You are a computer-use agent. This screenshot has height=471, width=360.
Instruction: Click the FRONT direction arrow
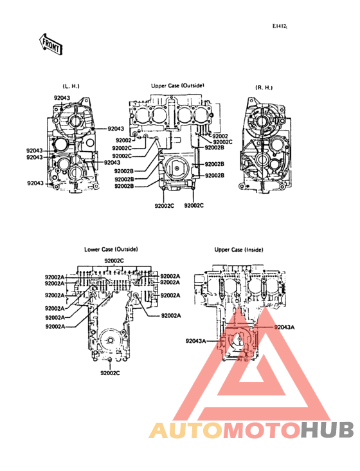51,44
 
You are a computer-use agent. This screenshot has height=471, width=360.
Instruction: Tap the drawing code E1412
280,26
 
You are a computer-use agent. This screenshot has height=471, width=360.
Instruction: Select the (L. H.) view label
71,86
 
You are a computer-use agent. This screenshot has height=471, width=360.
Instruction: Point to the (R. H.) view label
264,88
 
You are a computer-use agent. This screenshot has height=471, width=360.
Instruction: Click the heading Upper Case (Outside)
177,86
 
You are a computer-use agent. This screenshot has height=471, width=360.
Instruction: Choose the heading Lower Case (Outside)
111,249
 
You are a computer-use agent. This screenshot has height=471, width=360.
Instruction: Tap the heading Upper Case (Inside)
239,250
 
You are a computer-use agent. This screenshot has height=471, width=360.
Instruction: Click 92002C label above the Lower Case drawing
114,261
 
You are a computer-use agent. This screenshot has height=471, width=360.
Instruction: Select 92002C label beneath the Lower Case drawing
110,373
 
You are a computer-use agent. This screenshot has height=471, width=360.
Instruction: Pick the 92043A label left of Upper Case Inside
195,341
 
